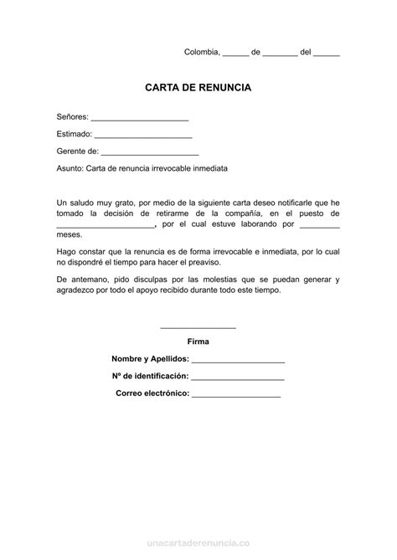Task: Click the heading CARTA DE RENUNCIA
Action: (198, 87)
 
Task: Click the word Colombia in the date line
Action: (201, 52)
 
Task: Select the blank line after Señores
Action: (139, 118)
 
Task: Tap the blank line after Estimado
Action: (143, 135)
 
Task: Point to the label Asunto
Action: (70, 168)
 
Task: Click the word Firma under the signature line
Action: (198, 342)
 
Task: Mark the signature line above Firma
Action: (198, 327)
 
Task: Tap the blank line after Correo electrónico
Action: (236, 393)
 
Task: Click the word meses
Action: (70, 236)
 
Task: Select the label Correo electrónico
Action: (152, 393)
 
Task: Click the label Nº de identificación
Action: (149, 376)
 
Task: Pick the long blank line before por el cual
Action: (106, 225)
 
